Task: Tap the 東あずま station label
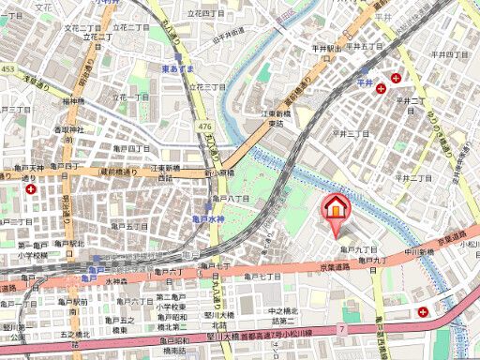point(177,68)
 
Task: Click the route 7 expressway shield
point(341,331)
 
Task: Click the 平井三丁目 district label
point(351,134)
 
